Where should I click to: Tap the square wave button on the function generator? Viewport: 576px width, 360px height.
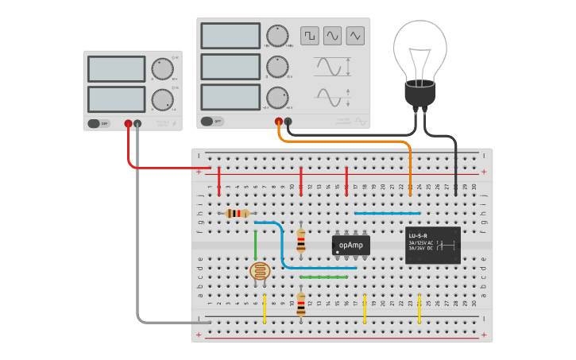click(309, 36)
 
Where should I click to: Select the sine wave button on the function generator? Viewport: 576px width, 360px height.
click(332, 36)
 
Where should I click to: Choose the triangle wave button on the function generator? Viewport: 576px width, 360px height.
click(355, 36)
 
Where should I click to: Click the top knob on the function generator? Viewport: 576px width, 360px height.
click(276, 36)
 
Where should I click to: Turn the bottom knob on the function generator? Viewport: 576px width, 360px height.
click(276, 97)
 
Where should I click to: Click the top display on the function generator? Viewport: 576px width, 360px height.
click(230, 36)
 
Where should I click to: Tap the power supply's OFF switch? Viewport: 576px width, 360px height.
click(99, 123)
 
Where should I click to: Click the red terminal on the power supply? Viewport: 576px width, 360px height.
click(128, 123)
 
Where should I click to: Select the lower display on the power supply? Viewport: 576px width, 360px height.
click(116, 99)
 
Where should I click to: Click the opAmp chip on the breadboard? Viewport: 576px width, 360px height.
click(350, 246)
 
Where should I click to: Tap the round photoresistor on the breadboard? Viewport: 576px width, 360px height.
click(259, 271)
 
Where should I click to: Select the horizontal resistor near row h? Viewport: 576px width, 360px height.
click(237, 213)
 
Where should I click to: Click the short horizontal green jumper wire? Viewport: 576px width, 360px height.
click(323, 277)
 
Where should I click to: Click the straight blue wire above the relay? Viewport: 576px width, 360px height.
click(388, 213)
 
